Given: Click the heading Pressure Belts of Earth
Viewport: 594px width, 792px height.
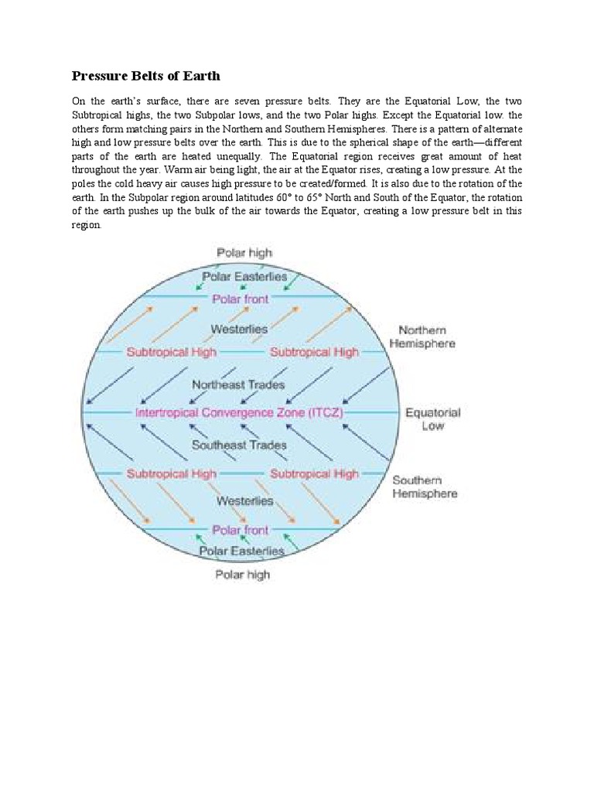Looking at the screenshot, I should (146, 76).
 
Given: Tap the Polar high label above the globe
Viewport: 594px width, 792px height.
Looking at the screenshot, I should (244, 253).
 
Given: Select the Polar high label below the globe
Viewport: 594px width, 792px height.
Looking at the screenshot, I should (242, 575).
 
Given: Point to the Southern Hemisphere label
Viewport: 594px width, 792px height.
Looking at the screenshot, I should (425, 486).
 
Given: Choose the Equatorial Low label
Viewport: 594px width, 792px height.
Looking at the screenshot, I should (433, 419).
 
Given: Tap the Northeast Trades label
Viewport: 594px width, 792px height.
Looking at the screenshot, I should (238, 384).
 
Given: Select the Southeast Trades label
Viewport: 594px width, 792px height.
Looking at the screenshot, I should (239, 445).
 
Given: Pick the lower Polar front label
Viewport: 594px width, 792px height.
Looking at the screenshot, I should (241, 530).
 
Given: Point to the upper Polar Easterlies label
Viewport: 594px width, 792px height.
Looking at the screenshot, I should (244, 276).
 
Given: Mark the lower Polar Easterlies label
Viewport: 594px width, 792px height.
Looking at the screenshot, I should (242, 551).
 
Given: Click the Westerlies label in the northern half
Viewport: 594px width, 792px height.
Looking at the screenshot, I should (239, 329).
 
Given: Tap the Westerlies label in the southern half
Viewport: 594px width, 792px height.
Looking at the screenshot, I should (244, 501).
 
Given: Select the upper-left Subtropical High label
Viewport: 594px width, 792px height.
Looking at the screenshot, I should (171, 353).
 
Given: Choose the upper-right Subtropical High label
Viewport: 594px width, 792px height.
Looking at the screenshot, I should (314, 353).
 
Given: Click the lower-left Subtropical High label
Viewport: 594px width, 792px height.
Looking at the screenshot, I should (171, 473).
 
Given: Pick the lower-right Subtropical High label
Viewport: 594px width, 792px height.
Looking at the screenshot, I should (314, 473).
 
